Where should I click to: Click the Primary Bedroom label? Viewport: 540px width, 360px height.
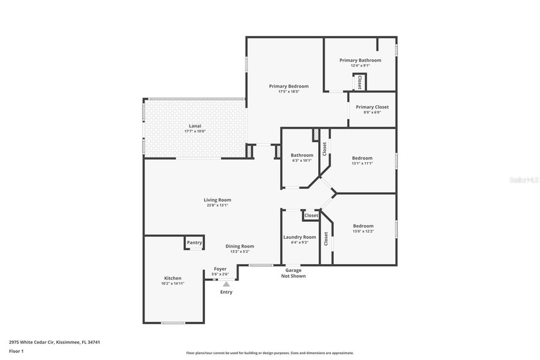coord(289,86)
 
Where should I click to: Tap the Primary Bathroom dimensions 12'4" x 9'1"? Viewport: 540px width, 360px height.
coord(360,66)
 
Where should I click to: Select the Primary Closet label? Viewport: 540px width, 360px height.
coord(372,107)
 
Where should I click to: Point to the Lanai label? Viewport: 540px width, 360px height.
coord(195,125)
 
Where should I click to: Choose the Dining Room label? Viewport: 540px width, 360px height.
coord(239,246)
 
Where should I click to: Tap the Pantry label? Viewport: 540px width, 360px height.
coord(194,243)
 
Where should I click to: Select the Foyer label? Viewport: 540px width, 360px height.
coord(220,269)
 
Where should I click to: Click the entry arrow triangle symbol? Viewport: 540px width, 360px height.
coord(226,283)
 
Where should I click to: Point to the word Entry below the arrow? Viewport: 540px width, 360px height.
coord(226,292)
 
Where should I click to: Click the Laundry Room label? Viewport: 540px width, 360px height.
coord(300,237)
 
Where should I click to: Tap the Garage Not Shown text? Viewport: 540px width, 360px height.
coord(293,273)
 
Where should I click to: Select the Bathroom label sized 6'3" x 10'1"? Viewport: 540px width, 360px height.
coord(301,155)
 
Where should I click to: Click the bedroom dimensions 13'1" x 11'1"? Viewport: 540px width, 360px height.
coord(362,163)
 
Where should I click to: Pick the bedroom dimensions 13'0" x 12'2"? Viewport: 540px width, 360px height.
coord(363,231)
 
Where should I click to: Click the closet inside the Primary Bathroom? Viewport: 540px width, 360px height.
coord(359,82)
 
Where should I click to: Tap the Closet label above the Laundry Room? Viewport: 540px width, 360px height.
coord(311,215)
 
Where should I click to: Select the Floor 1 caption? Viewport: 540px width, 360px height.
coord(16,352)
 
